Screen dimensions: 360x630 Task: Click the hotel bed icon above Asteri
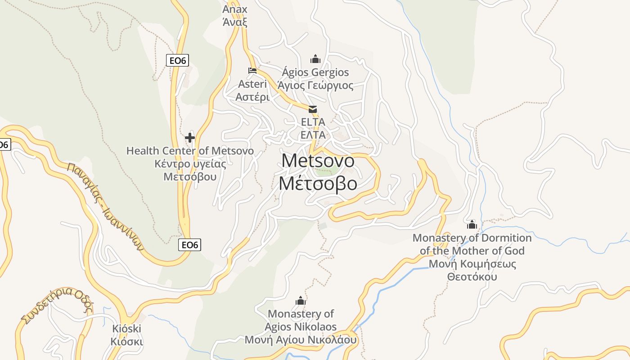click(252, 71)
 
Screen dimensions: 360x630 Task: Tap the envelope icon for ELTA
click(313, 109)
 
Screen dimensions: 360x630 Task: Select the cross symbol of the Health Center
click(190, 138)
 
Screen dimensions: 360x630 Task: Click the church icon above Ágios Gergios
click(315, 59)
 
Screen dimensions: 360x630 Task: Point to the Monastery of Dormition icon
click(472, 225)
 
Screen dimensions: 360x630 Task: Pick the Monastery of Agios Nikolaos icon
click(301, 301)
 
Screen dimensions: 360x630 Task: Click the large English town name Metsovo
click(318, 161)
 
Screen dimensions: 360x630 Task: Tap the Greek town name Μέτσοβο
click(318, 184)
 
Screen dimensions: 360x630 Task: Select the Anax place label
click(235, 9)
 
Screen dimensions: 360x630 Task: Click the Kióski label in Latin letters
click(127, 328)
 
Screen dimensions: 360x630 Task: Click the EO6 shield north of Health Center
click(177, 60)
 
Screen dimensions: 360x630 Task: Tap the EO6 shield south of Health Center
click(189, 245)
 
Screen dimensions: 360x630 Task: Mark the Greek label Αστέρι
click(252, 97)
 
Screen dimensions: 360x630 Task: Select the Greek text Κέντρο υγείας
click(190, 163)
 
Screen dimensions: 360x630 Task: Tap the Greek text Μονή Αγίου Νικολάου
click(301, 340)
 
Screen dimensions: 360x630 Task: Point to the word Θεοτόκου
click(472, 276)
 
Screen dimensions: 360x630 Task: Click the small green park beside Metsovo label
click(327, 171)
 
